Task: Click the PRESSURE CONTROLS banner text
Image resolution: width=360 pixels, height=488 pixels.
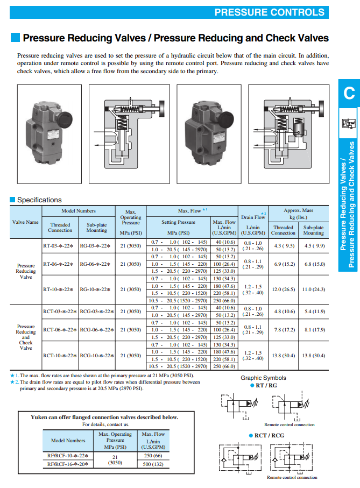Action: point(270,12)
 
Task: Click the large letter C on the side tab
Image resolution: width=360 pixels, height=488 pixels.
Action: point(349,93)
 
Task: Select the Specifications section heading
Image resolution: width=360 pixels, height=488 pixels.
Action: point(39,200)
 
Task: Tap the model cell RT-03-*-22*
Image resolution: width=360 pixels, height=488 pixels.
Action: point(58,246)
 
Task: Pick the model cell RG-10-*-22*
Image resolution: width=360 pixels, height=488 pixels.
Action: point(95,289)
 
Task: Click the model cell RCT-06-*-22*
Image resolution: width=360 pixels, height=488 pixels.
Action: point(60,330)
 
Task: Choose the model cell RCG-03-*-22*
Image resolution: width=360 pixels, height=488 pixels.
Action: point(97,312)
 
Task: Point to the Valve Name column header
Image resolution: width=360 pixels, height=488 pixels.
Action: point(25,222)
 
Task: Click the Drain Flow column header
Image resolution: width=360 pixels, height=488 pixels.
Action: point(253,217)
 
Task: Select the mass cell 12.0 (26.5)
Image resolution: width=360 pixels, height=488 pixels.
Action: point(284,289)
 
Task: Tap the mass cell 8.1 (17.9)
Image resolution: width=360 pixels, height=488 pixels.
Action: point(315,330)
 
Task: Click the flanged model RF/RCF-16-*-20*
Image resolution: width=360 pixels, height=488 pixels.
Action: point(68,464)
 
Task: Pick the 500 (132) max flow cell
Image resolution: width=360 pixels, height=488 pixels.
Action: point(153,464)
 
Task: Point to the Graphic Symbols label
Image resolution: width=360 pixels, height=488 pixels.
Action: point(263,378)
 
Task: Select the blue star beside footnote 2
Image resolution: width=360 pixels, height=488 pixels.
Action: point(12,382)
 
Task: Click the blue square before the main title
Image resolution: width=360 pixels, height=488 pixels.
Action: point(15,38)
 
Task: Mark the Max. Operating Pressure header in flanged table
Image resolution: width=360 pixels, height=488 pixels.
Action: point(115,440)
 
